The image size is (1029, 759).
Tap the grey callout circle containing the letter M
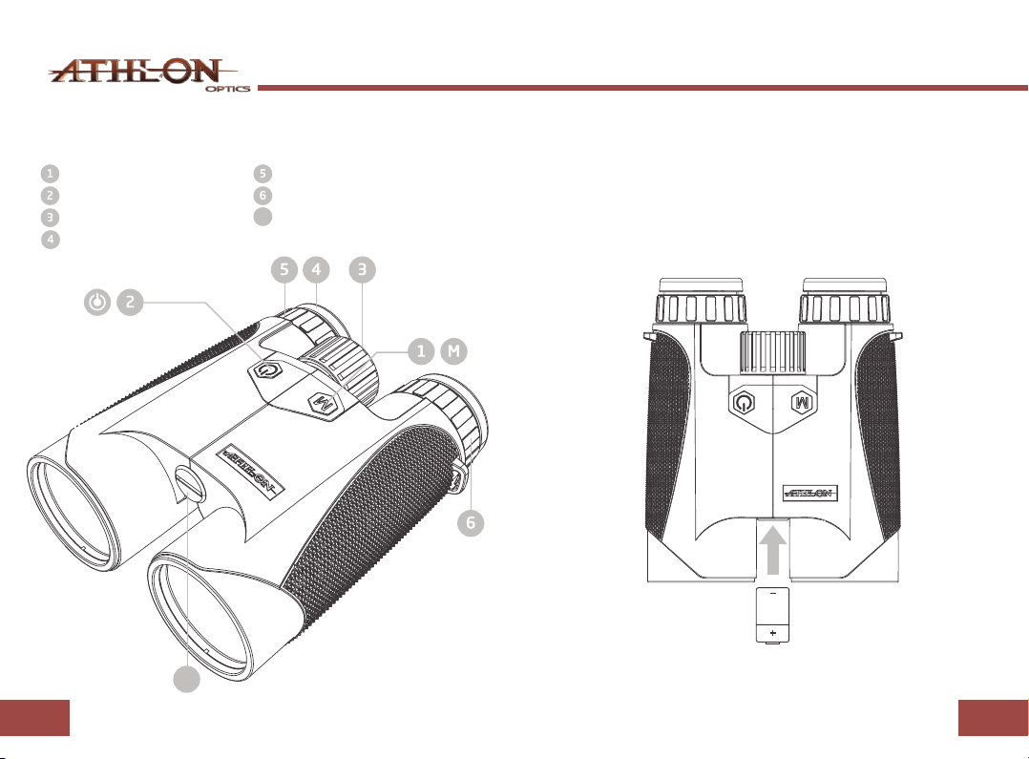click(453, 351)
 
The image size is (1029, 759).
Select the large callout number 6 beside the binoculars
click(471, 522)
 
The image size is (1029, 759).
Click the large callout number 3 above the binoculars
click(363, 270)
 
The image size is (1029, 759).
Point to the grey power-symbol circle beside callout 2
click(97, 302)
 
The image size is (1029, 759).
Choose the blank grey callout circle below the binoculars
click(186, 679)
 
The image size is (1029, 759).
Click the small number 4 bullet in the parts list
click(50, 239)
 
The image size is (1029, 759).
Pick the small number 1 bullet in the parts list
click(50, 174)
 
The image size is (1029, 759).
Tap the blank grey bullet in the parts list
click(262, 217)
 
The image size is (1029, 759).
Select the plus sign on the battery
click(773, 633)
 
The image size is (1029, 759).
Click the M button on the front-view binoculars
click(801, 402)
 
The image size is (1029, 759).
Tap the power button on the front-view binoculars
click(743, 402)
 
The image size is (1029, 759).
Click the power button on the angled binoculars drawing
click(265, 371)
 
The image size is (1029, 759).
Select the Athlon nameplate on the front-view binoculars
click(810, 493)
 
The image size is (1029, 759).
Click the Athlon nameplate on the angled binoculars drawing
click(251, 471)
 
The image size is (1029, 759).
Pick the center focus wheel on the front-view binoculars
click(773, 352)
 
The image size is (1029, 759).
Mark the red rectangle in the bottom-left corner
click(34, 718)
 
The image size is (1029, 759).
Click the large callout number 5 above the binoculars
click(284, 270)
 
